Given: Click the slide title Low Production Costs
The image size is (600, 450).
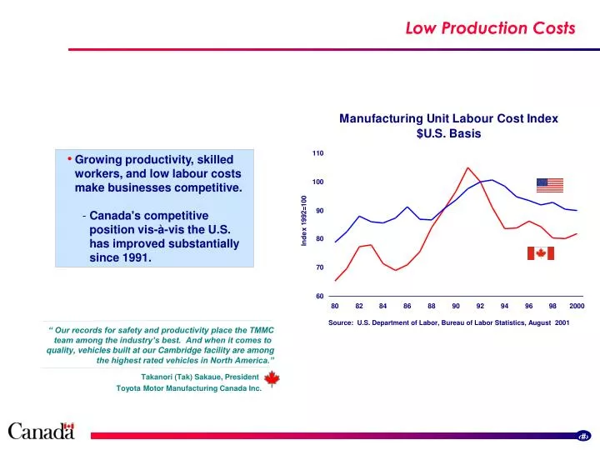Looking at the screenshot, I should tap(490, 28).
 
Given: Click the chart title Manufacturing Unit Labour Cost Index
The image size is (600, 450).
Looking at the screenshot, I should tap(448, 118).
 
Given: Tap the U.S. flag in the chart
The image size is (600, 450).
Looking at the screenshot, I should tap(550, 185).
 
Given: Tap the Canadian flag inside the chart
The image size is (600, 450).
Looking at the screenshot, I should tap(540, 253).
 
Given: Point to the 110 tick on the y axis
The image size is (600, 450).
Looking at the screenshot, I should tap(317, 153).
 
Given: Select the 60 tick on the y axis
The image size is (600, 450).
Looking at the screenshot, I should tap(317, 297).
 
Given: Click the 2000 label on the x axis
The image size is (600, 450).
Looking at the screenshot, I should tap(577, 306).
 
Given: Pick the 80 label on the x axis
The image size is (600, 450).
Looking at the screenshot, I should tap(335, 306).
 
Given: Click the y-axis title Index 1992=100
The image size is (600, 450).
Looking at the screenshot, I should tap(304, 219).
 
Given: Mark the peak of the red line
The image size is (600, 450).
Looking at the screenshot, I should tap(467, 167).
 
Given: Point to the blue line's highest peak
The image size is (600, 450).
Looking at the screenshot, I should tap(492, 180).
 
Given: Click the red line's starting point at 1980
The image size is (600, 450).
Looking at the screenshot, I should tap(335, 281).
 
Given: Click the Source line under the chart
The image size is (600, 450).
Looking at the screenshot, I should tap(448, 322).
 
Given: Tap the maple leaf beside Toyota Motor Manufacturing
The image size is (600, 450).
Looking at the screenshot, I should tap(272, 382).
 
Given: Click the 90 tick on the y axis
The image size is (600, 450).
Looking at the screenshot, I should tap(319, 211).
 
